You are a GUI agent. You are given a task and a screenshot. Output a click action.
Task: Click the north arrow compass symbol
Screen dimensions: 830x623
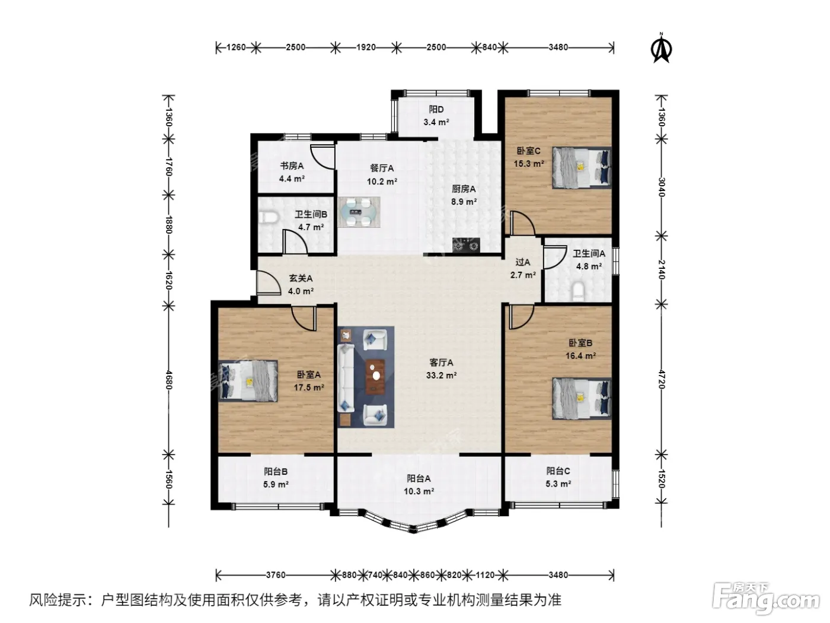(661, 49)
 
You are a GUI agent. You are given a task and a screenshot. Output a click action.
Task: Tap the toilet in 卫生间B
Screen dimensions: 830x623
(270, 218)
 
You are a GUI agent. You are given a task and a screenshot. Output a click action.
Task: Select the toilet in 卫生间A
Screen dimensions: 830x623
(579, 292)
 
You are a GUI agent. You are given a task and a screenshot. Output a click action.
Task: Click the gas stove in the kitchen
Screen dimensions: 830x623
(466, 244)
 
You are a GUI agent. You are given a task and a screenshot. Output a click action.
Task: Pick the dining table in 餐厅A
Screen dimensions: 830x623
(359, 212)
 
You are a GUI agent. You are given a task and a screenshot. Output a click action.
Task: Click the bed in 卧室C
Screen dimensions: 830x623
(582, 167)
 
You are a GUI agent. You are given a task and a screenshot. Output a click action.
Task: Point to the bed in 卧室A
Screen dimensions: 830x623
(248, 381)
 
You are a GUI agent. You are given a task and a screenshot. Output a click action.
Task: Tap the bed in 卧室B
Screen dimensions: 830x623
(582, 398)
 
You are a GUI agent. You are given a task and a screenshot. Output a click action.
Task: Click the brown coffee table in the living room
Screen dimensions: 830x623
(375, 375)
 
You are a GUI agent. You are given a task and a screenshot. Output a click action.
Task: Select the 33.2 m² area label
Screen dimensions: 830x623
(441, 376)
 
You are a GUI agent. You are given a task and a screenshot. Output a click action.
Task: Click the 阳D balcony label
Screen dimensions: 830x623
(436, 109)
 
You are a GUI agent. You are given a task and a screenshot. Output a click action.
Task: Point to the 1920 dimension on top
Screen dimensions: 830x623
(366, 47)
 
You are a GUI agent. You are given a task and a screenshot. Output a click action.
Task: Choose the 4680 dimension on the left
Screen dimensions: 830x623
(168, 380)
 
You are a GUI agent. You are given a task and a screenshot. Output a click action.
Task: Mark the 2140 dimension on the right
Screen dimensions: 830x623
(661, 269)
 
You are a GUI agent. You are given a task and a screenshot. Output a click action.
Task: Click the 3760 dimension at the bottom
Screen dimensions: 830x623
(275, 576)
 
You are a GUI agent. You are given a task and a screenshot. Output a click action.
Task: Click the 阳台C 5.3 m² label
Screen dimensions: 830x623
(558, 477)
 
